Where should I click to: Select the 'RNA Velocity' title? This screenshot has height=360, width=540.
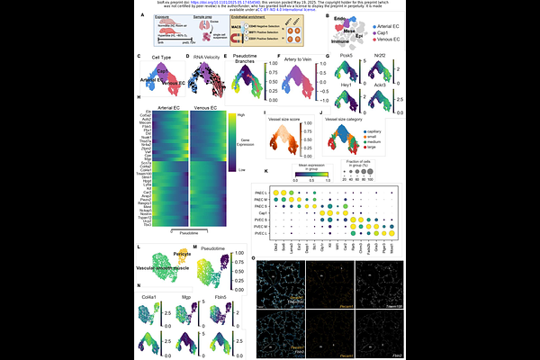(209, 57)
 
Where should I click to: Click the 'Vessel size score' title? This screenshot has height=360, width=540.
(291, 116)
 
